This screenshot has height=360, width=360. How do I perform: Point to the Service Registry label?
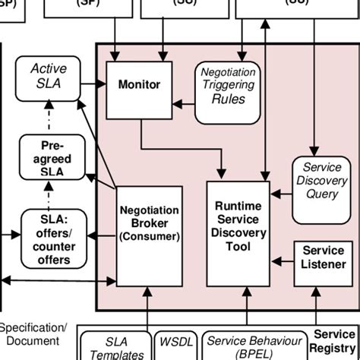point(333,348)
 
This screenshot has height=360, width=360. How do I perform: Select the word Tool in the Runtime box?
point(238,247)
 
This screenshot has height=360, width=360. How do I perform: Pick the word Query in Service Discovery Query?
point(322,193)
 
